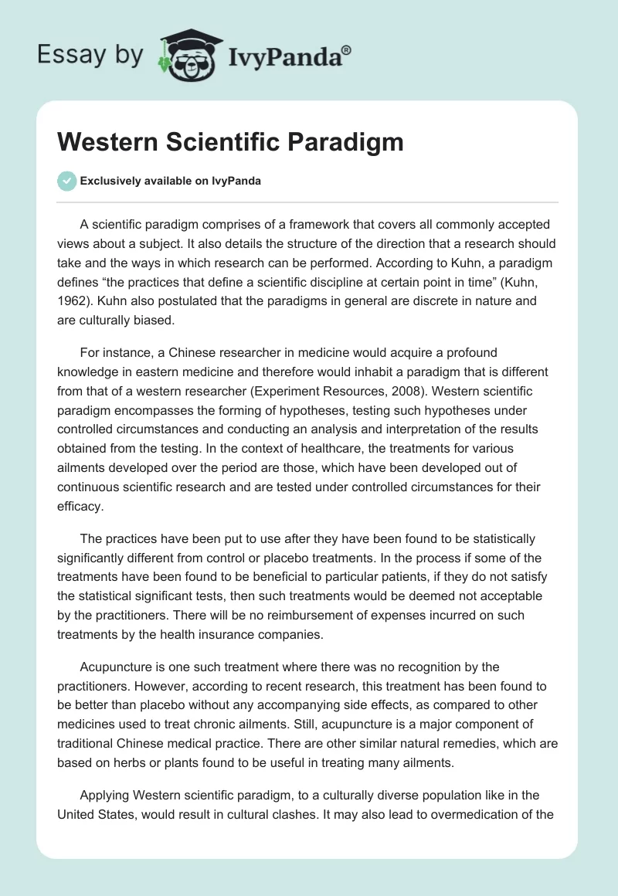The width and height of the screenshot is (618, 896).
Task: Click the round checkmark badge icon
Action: coord(66,181)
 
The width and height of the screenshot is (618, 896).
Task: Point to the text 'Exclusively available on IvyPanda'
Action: coord(171,181)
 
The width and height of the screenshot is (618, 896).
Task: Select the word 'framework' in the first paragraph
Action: coord(306,225)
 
